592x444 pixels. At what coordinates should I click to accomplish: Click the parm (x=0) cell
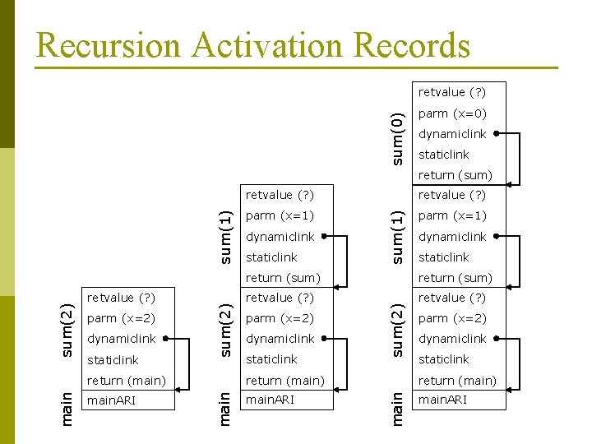click(452, 113)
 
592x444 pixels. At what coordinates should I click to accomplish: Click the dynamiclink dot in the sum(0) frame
click(497, 134)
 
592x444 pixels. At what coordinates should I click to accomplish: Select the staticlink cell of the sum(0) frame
click(444, 155)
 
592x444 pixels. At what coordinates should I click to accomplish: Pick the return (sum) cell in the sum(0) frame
click(456, 175)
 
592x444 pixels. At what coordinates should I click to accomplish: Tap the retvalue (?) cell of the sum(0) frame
click(452, 92)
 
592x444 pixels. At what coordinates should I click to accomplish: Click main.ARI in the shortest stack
click(112, 401)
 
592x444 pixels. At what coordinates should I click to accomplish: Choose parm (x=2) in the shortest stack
click(121, 318)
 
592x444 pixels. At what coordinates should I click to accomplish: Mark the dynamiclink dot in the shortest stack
click(165, 339)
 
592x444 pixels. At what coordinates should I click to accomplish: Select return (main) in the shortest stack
click(127, 381)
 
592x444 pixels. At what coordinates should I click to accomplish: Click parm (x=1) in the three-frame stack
click(280, 215)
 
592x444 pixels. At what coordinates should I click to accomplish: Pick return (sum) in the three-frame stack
click(283, 278)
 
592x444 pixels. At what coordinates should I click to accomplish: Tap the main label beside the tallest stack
click(397, 409)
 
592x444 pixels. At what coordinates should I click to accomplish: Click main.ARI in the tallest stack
click(443, 400)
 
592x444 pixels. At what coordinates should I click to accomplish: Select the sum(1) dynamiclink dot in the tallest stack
click(497, 237)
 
